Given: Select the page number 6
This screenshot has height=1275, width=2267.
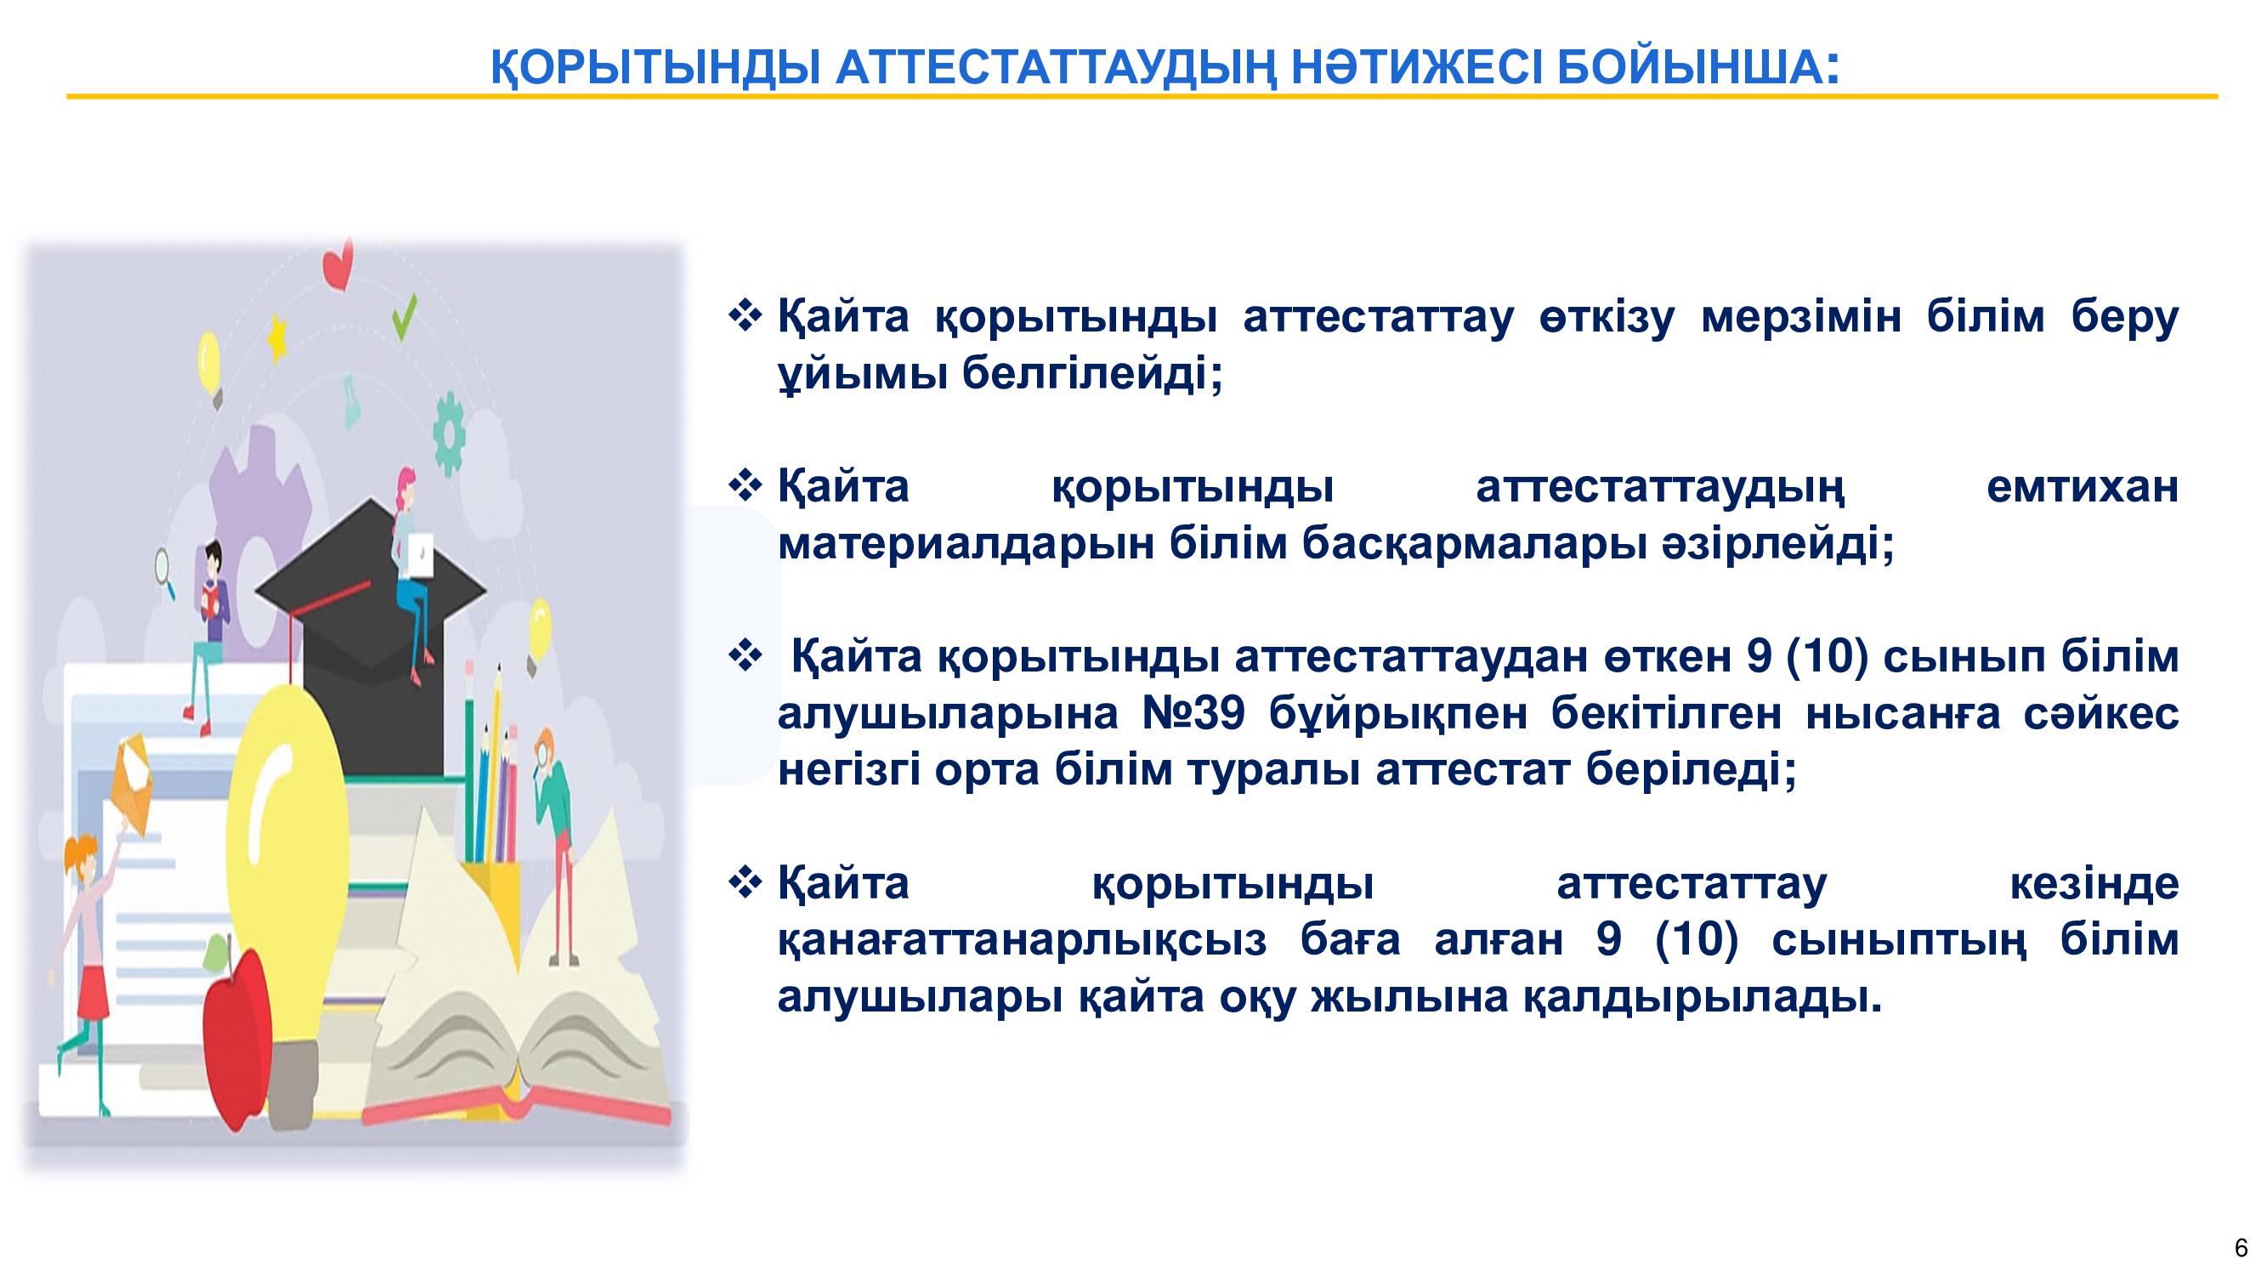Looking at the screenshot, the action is click(x=2241, y=1248).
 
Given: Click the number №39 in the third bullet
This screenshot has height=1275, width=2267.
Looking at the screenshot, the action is click(x=1193, y=715).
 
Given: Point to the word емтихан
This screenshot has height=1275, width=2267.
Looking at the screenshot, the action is click(x=2083, y=486).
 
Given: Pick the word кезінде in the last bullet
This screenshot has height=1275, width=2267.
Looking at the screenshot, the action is click(x=2094, y=883).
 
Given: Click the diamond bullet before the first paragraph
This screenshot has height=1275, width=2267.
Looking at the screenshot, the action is click(x=745, y=317).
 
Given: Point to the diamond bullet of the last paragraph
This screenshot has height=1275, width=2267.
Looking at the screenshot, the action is click(x=745, y=882).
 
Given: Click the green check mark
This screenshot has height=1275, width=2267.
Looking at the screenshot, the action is click(x=404, y=319).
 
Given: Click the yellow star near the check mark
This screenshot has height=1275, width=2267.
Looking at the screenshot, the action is click(x=278, y=337).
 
